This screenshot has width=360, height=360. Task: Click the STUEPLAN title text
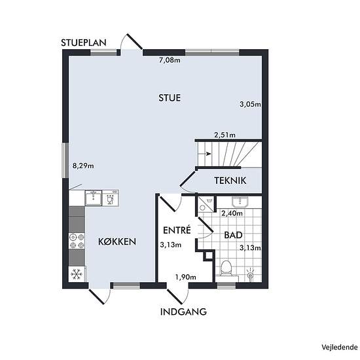[84, 43]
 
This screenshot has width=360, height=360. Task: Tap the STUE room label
[170, 98]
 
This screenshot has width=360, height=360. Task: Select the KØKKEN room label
[117, 242]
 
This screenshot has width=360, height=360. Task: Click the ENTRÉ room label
[177, 230]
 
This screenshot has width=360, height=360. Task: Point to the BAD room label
[233, 235]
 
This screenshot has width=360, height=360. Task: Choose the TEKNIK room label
[230, 181]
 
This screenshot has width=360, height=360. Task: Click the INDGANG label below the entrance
[183, 312]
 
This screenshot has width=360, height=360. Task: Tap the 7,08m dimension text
[170, 60]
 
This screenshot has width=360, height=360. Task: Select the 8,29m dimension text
[83, 166]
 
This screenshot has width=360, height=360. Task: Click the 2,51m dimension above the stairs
[225, 135]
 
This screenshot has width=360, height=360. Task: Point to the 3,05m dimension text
[250, 105]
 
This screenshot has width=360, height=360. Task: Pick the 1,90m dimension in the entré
[186, 278]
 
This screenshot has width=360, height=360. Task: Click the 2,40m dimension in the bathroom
[232, 213]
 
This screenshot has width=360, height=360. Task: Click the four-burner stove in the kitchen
[77, 241]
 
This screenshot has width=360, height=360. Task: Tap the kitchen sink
[94, 198]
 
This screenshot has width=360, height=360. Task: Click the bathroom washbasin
[240, 202]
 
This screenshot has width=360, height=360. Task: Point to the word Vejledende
[340, 347]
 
